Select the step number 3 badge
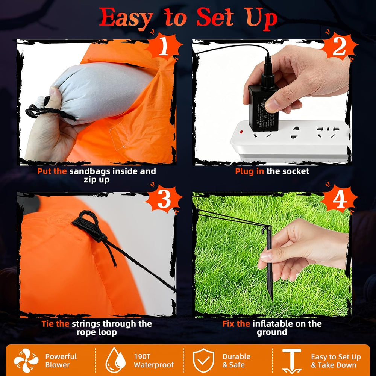click(165, 199)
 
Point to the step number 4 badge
click(340, 199)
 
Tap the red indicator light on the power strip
click(241, 132)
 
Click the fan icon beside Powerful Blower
click(26, 361)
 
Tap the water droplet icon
click(115, 361)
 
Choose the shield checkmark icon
click(203, 361)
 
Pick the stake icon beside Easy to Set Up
click(292, 361)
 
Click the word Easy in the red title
click(126, 18)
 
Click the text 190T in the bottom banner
click(142, 356)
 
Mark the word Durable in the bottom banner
click(236, 356)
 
